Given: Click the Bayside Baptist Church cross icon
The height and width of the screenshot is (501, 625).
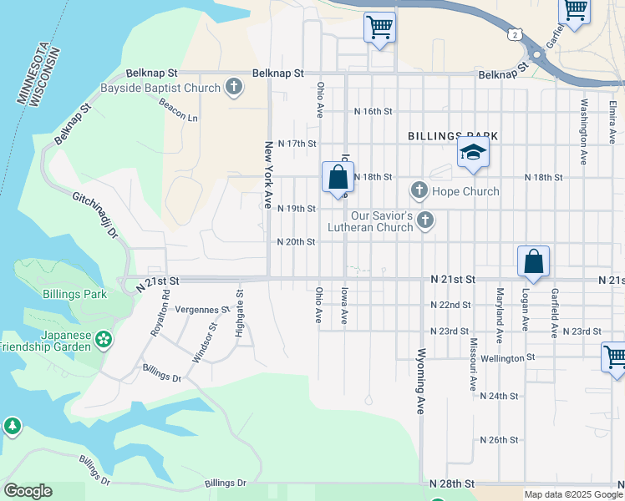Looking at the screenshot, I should [x=233, y=87].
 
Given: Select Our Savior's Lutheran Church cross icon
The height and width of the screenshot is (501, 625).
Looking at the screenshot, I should [x=425, y=220].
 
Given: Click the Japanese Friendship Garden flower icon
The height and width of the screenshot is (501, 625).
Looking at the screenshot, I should [x=103, y=339].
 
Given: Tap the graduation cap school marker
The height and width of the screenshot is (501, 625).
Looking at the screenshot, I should [x=472, y=154].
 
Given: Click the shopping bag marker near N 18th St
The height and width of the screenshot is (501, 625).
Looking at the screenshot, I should [x=338, y=177].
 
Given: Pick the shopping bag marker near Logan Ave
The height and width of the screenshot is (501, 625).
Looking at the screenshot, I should [x=533, y=261].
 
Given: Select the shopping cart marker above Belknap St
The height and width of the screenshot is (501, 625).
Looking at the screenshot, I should [x=379, y=28].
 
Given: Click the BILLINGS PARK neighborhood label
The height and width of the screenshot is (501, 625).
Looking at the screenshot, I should [x=453, y=135].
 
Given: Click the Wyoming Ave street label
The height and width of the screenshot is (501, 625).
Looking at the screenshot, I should [x=420, y=381].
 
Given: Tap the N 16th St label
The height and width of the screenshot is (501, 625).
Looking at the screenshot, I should [x=373, y=111].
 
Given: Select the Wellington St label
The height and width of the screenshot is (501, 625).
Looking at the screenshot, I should [x=507, y=357].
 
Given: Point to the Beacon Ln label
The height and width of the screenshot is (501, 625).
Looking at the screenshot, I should [x=179, y=110].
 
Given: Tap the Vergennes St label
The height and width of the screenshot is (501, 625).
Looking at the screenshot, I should [x=202, y=310].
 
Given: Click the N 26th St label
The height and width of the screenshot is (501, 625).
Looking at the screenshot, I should [x=499, y=439].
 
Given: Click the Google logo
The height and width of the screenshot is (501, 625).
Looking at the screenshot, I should [x=28, y=491].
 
